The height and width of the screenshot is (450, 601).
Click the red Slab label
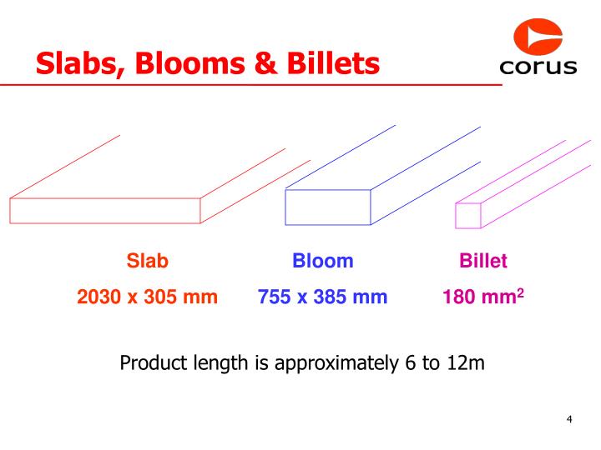point(148,261)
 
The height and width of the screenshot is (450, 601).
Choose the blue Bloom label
point(323,261)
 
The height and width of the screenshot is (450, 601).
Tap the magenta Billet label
point(483,261)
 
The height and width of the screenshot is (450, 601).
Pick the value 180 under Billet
point(457,297)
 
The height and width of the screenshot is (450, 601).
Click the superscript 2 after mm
point(520,292)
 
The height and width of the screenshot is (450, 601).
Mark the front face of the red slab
point(105,211)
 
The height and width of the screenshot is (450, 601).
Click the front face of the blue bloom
point(328,207)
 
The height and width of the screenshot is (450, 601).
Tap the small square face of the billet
point(468,215)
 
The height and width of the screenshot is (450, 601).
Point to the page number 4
point(568,419)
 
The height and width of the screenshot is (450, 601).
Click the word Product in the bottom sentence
point(152,363)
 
